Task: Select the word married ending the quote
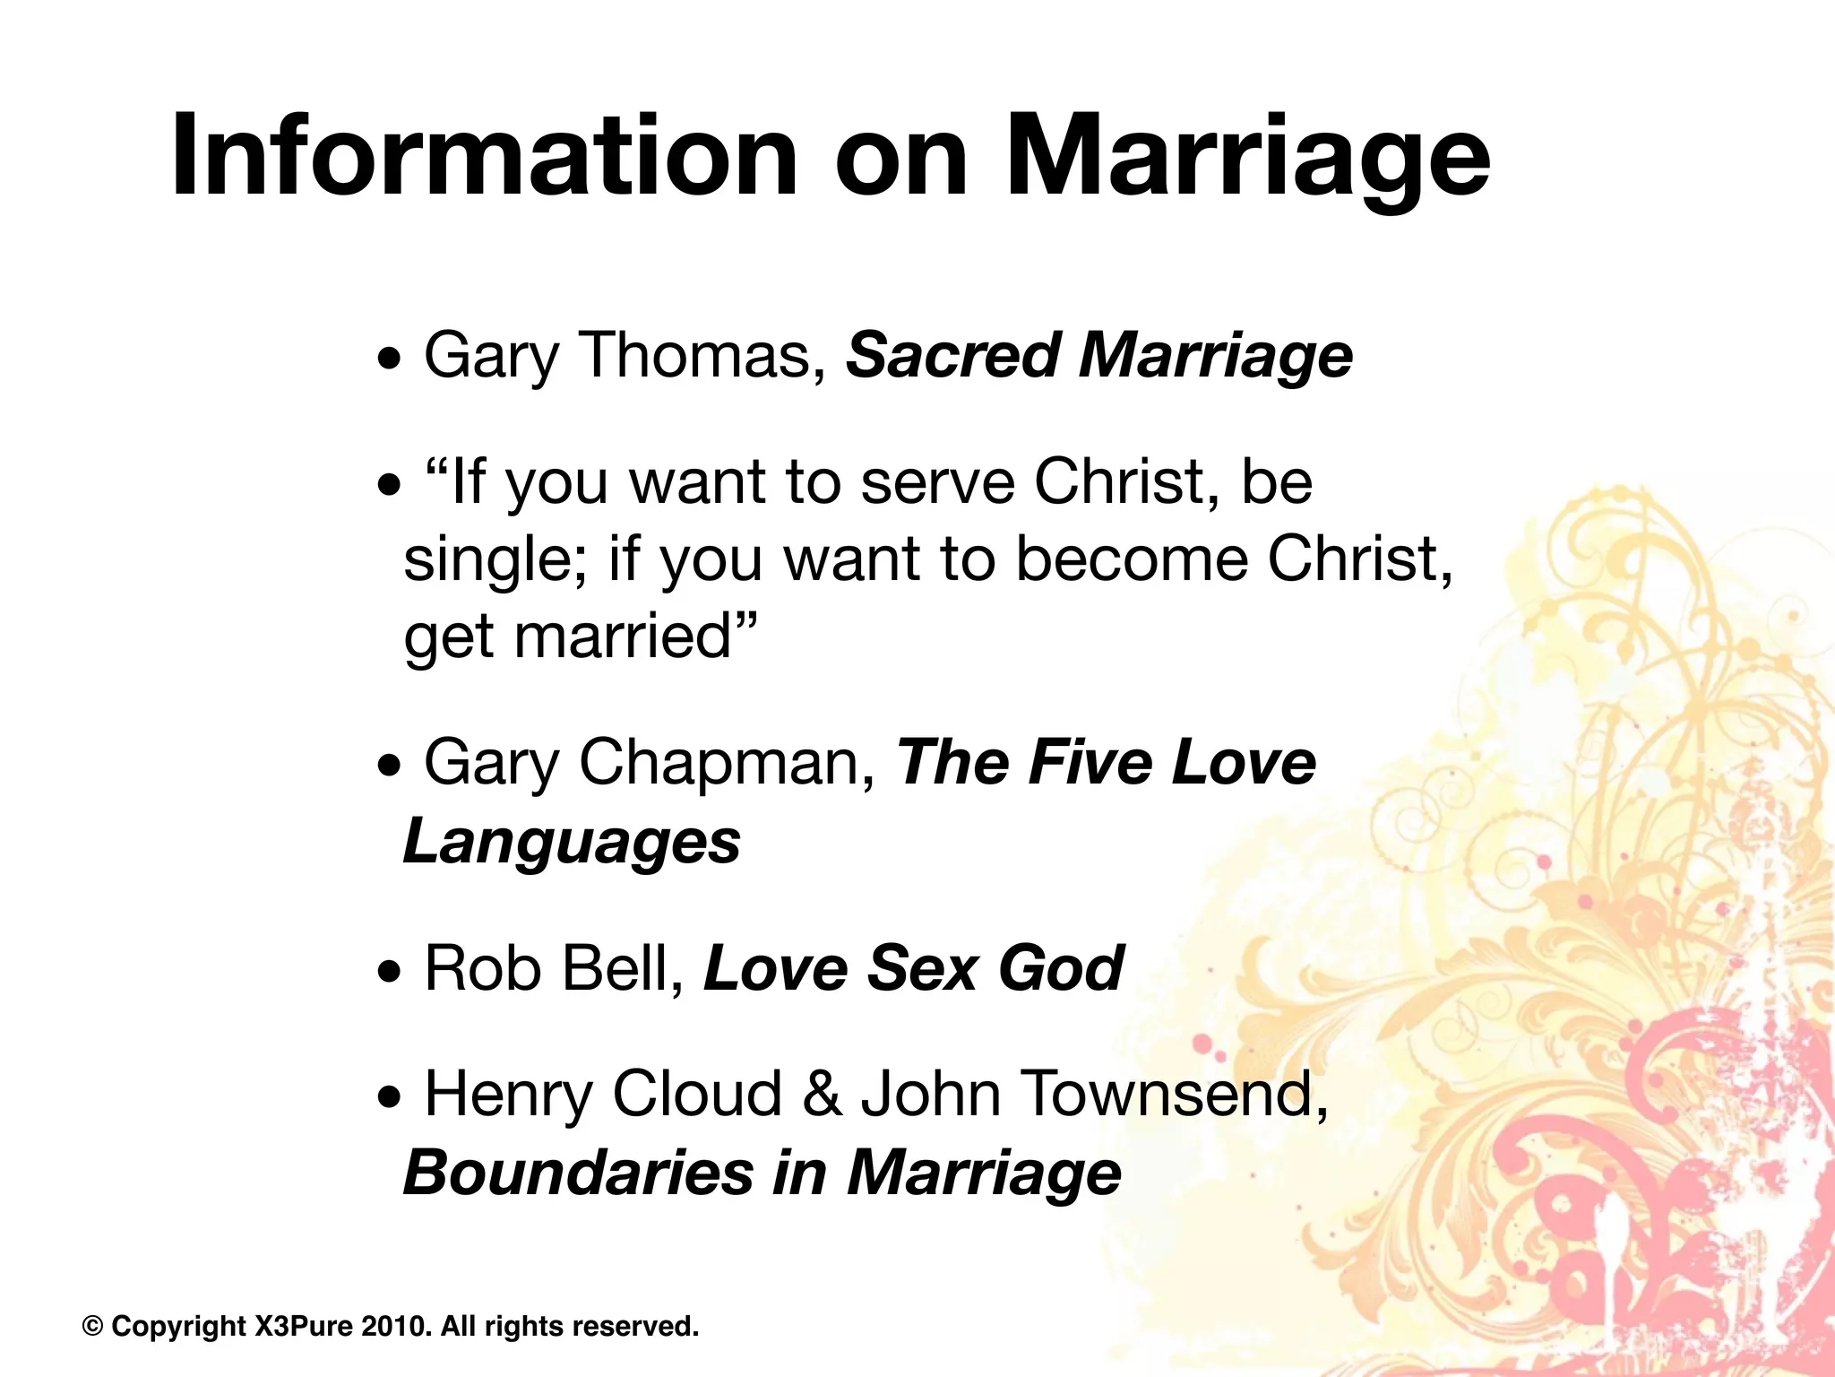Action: pos(623,637)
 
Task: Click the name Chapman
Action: pos(726,763)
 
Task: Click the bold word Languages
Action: pos(572,841)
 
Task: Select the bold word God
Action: pos(1061,968)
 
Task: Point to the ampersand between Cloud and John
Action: pos(822,1095)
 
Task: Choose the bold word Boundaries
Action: pos(578,1173)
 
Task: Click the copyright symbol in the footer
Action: pos(92,1326)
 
